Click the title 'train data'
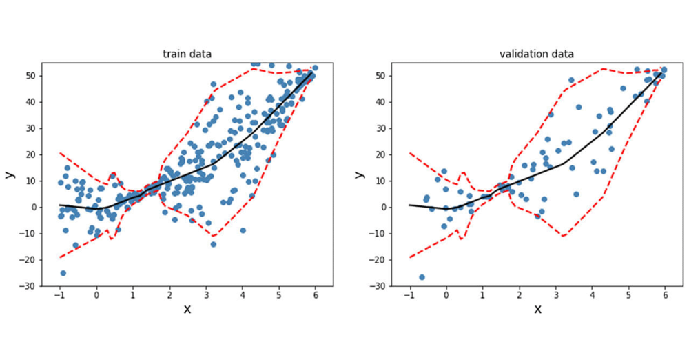(187, 54)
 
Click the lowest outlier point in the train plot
(63, 273)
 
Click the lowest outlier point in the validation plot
(422, 277)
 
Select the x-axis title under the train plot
(187, 309)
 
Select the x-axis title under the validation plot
(537, 309)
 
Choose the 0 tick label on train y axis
(36, 207)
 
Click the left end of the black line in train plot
(60, 205)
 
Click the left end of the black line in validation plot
(410, 205)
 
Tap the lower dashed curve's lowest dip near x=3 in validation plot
(564, 236)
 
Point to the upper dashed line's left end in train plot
(60, 153)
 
